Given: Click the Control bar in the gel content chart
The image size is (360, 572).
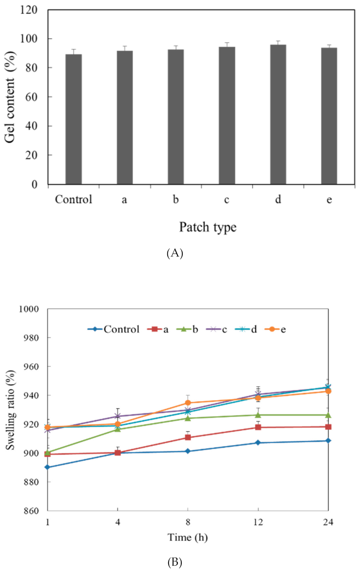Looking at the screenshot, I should pos(73,119).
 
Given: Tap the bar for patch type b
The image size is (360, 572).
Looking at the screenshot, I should pos(176,117).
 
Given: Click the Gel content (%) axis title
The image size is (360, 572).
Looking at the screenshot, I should pos(10,97).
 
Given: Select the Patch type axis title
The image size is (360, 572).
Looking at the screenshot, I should pos(208,227).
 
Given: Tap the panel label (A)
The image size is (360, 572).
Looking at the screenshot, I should pos(174,253).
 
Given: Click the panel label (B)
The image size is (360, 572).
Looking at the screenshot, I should pos(174,562).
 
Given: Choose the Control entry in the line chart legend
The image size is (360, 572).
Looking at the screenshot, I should pos(114,329).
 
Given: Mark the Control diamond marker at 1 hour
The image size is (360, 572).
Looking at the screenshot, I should pos(48,467).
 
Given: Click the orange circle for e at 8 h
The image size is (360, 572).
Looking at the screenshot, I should pos(188,403).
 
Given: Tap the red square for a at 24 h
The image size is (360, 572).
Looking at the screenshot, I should pos(328,427).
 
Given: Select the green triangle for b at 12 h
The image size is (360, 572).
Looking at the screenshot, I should pos(258,415).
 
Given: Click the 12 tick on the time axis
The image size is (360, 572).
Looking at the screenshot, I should pos(258,522).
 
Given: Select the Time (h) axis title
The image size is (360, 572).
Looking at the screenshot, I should pos(188,537).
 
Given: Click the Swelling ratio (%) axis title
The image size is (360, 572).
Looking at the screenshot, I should pos(10,410).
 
